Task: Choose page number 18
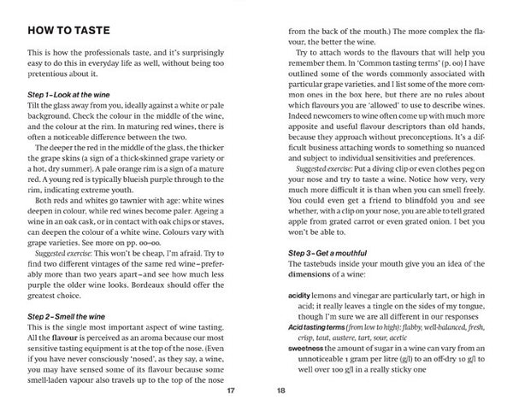coord(282,392)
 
